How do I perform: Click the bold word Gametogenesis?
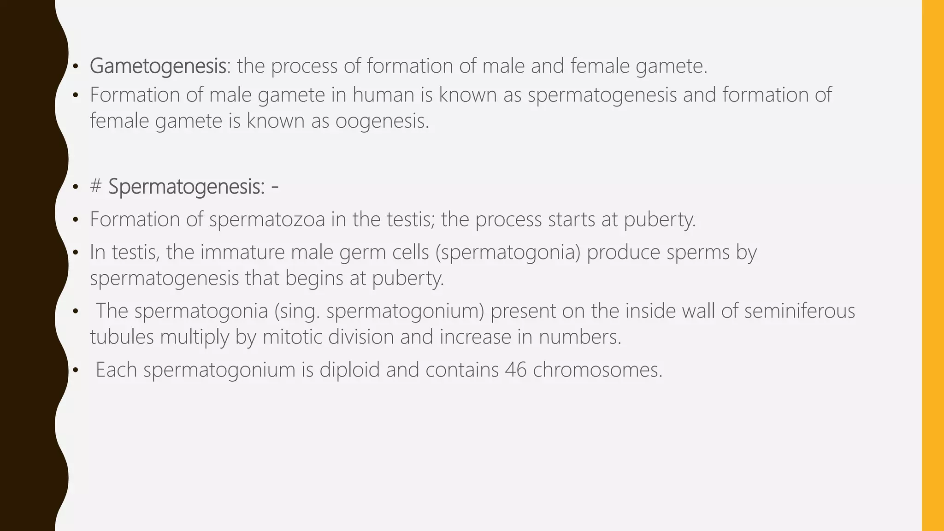(158, 66)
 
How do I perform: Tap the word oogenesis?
(382, 121)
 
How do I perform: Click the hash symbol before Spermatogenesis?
(96, 187)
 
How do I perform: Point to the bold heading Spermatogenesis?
(186, 187)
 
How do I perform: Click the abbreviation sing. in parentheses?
(300, 311)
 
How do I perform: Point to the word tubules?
(122, 337)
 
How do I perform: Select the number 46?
(515, 370)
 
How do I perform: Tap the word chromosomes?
(597, 370)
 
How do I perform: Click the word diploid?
(349, 370)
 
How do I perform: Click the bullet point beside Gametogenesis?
(76, 67)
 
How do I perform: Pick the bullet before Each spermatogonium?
(76, 371)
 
